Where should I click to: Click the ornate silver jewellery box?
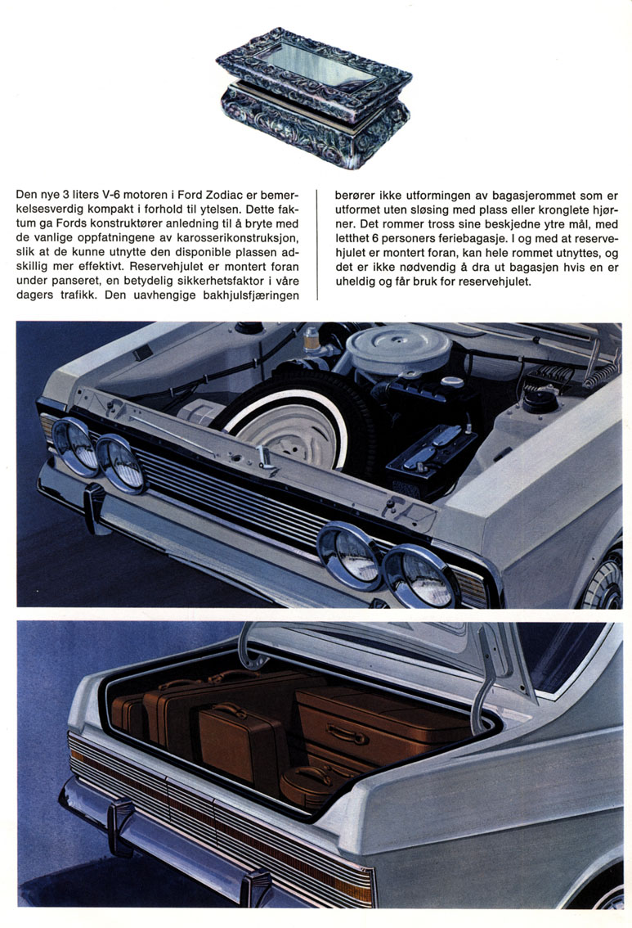[314, 97]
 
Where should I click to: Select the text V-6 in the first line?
[97, 196]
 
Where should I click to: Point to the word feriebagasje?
[473, 239]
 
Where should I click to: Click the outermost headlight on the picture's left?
[74, 446]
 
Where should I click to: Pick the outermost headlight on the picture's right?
[419, 575]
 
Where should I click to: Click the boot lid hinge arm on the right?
[486, 682]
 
